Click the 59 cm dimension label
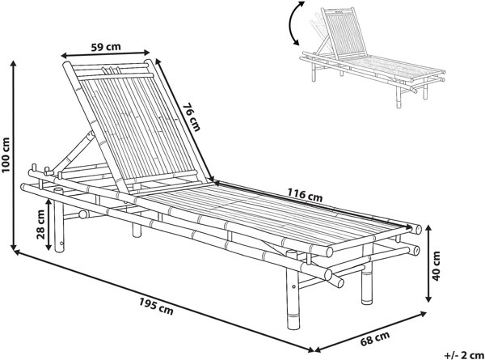pos(106,47)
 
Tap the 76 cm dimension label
pos(192,117)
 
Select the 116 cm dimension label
pos(305,195)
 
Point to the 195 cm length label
pos(156,306)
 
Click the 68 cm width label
pos(375,338)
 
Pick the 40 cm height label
pos(436,265)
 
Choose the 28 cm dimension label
pos(40,224)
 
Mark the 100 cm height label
pos(6,155)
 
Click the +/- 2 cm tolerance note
pos(464,354)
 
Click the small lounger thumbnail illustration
pos(373,57)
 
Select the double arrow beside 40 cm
pos(428,264)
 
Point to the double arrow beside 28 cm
pos(48,224)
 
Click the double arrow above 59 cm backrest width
pos(105,54)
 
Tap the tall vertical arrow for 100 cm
pos(13,155)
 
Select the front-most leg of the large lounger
pos(293,290)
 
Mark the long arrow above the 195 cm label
pos(164,300)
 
